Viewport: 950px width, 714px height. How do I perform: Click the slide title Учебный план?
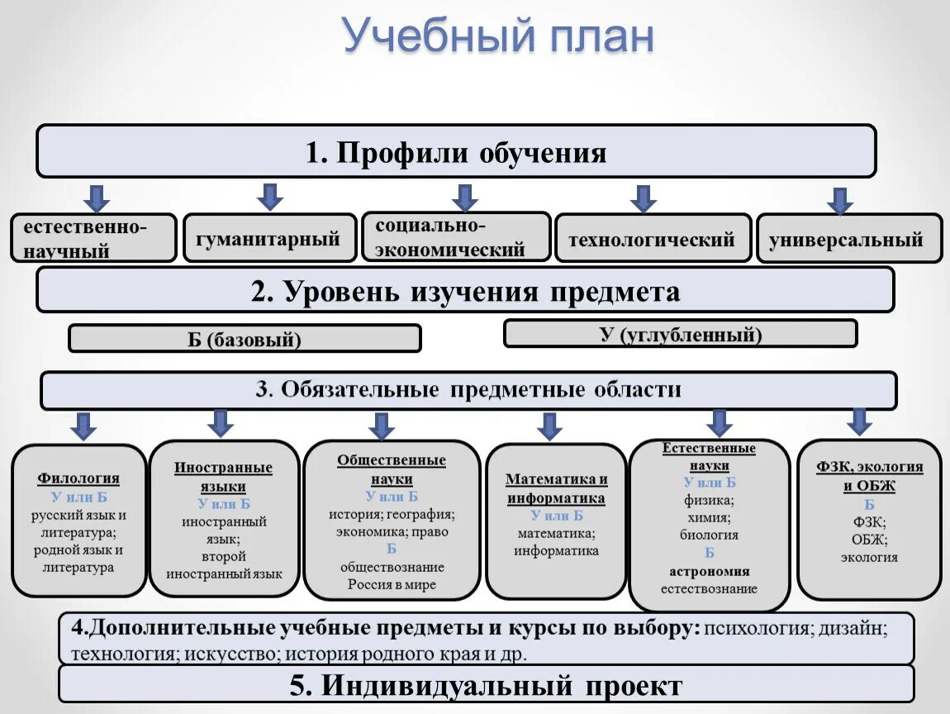click(x=498, y=37)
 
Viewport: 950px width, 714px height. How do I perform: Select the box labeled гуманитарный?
click(x=269, y=239)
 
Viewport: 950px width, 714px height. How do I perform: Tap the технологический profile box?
click(x=653, y=240)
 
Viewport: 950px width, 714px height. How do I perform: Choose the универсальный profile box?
click(x=848, y=240)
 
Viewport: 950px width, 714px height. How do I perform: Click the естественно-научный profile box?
click(x=93, y=238)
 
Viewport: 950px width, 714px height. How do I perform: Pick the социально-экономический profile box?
click(x=455, y=237)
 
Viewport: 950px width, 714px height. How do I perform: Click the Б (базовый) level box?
click(x=245, y=339)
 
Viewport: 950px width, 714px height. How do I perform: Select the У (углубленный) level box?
click(x=680, y=334)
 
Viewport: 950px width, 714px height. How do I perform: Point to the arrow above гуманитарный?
click(x=269, y=197)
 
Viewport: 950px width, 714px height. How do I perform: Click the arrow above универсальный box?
click(x=840, y=201)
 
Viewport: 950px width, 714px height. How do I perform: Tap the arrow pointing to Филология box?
click(x=83, y=426)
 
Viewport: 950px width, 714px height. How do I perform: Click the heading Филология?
click(x=78, y=478)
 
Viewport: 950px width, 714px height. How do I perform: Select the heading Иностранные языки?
click(x=223, y=477)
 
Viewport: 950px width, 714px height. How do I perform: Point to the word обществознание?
click(x=392, y=567)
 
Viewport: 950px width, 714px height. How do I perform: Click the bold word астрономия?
click(x=709, y=571)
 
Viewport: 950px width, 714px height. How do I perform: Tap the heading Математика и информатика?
click(x=556, y=488)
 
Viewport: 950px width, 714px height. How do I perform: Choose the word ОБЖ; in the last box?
click(x=869, y=540)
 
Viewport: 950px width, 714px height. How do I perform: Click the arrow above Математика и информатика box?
click(x=549, y=426)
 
